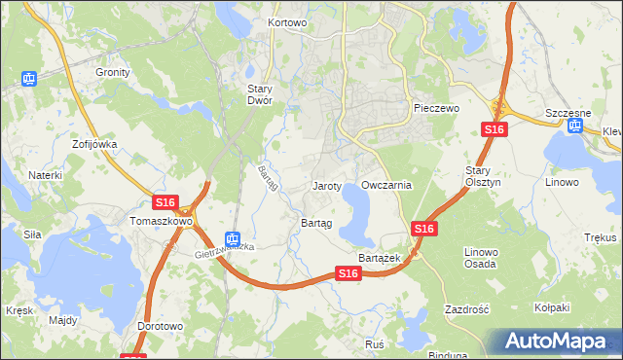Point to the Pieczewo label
(435, 108)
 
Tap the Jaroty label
(326, 185)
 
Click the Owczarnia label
(386, 185)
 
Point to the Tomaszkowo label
(162, 221)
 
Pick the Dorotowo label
(161, 326)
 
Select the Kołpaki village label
(551, 308)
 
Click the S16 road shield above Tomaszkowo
(165, 202)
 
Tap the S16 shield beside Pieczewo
(495, 129)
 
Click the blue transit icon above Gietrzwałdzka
(232, 237)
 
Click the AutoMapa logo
(559, 342)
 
